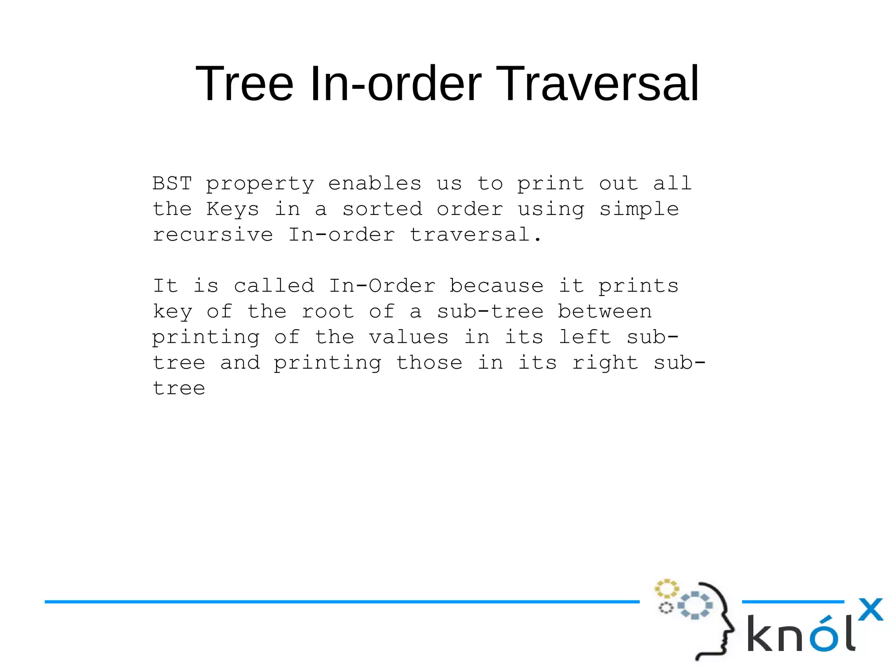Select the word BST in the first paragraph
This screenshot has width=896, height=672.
(x=172, y=183)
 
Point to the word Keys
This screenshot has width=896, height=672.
(x=233, y=209)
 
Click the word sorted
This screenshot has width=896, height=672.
(x=382, y=209)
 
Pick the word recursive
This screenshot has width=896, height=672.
(x=213, y=235)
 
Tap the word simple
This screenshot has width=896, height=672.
(x=639, y=209)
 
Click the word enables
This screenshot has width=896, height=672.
(x=375, y=183)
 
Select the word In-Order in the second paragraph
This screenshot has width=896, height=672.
(x=382, y=286)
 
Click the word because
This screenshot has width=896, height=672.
(x=497, y=286)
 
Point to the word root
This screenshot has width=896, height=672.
(x=328, y=312)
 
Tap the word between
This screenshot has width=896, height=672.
(x=605, y=312)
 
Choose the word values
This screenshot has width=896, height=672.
(x=409, y=337)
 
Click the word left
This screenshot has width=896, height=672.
(x=584, y=337)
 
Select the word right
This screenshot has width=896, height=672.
(x=605, y=363)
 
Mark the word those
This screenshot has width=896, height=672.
(x=429, y=363)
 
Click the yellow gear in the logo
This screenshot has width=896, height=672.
(x=666, y=589)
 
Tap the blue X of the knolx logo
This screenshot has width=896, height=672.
(x=870, y=609)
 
